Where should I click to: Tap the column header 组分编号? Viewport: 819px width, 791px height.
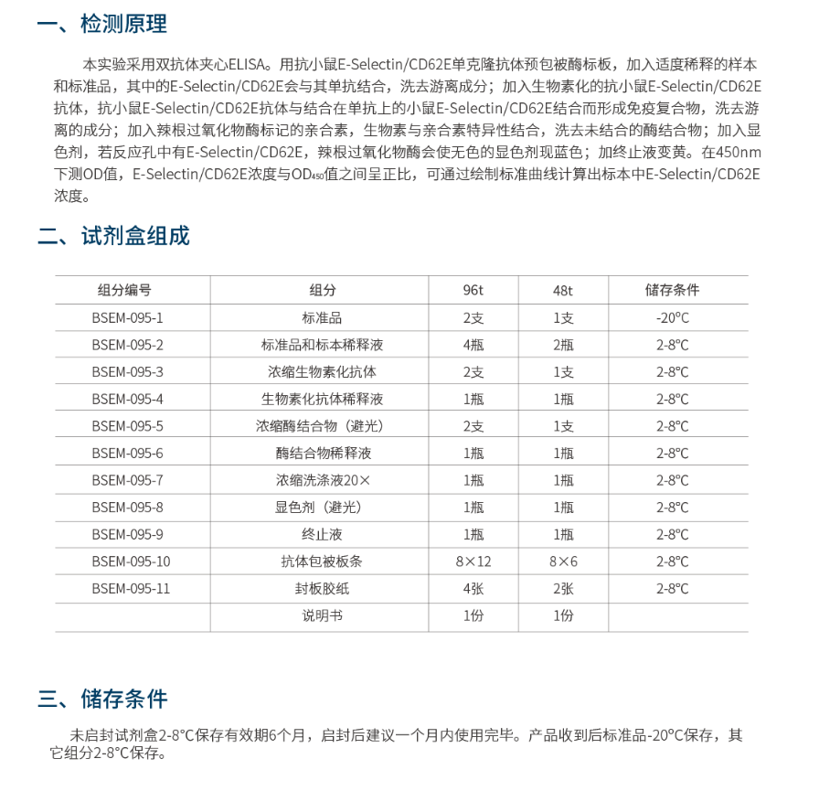click(x=124, y=290)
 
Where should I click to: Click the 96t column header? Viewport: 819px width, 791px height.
click(x=473, y=290)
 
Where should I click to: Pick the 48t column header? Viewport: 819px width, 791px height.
click(x=563, y=290)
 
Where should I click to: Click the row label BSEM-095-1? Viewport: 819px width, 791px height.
click(x=127, y=317)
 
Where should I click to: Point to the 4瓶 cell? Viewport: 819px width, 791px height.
click(x=473, y=345)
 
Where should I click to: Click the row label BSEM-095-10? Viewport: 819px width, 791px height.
click(x=131, y=561)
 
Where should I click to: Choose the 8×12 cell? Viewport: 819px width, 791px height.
click(x=473, y=561)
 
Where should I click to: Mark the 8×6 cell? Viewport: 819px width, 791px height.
click(x=563, y=561)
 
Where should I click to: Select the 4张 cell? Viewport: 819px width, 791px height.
click(x=473, y=589)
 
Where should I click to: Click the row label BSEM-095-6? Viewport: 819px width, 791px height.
click(x=127, y=453)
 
